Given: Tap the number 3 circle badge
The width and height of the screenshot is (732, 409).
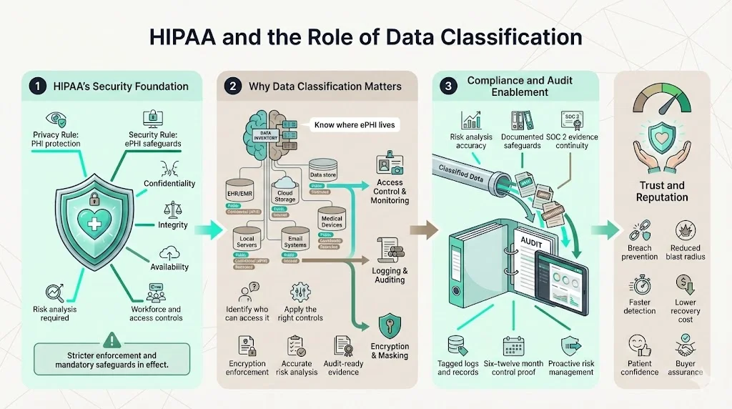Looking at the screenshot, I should [448, 87].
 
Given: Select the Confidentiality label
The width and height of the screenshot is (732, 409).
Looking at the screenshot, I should [169, 183].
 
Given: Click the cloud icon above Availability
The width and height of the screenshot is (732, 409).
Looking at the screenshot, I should [170, 252].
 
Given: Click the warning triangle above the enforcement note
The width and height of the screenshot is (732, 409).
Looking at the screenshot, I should [112, 340].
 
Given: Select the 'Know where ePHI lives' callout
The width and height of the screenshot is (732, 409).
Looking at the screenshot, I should [355, 124].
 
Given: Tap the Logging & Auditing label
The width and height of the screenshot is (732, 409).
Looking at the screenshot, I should [390, 275].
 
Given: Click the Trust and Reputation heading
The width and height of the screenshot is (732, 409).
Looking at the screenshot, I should [662, 191].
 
